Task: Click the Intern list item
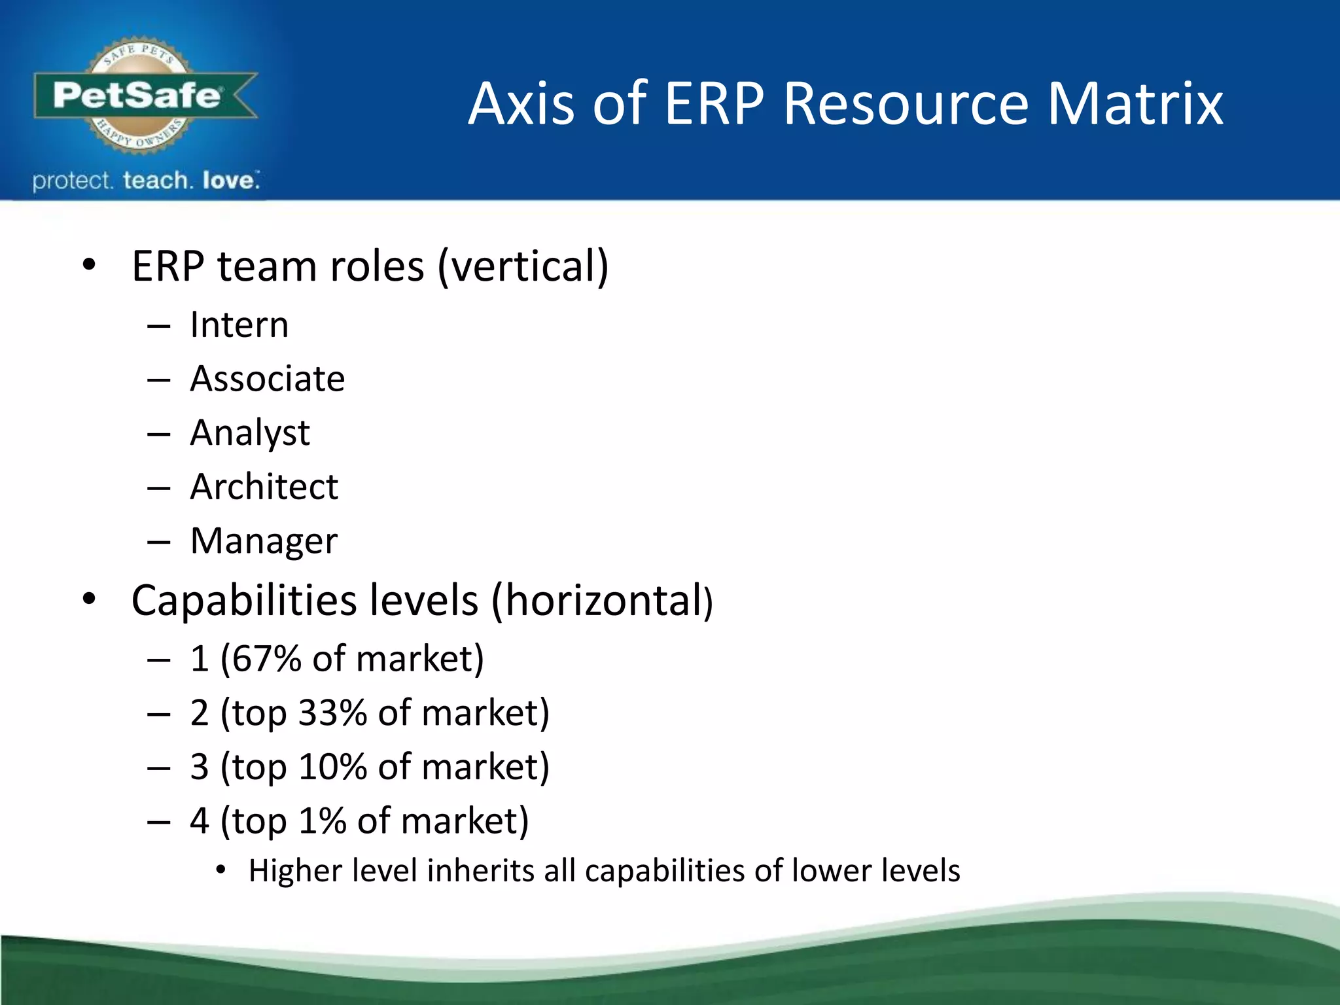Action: coord(239,325)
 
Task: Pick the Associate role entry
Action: coord(267,379)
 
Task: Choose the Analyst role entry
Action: coord(250,433)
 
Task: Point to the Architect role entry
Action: coord(264,487)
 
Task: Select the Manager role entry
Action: coord(264,541)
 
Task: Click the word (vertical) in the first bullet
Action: coord(523,266)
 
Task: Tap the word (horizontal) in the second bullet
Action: coord(601,600)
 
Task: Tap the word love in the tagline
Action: coord(228,181)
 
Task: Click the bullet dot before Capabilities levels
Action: coord(90,598)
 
